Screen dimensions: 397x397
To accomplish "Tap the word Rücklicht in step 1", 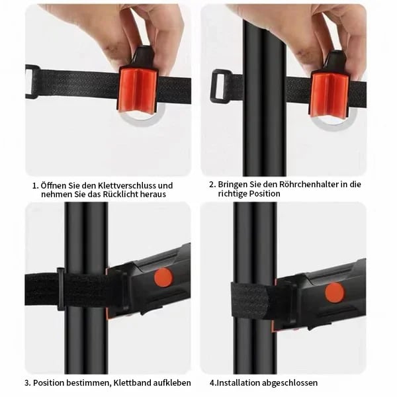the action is pos(120,195).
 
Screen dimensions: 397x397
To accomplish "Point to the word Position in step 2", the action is pos(265,194).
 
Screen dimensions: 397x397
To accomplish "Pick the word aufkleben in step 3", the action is pos(172,382).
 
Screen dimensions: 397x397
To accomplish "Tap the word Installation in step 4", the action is pos(238,382).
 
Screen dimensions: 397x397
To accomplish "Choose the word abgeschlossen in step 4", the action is pos(290,383).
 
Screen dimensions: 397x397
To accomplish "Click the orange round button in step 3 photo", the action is pos(163,277).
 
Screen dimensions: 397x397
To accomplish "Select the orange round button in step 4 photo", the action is pos(335,292).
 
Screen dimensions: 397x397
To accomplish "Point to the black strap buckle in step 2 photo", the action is pos(221,85).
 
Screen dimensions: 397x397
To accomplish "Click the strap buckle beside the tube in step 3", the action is pos(61,289).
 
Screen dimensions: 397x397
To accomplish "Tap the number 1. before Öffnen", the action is pos(36,185).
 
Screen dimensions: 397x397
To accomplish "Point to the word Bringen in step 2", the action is pos(233,185).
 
